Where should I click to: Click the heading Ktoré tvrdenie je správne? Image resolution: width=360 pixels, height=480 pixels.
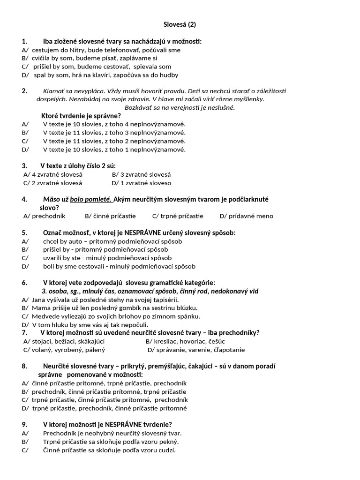81,116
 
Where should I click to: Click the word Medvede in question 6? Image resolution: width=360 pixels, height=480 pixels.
44,316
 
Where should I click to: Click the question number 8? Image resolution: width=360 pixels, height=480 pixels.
24,366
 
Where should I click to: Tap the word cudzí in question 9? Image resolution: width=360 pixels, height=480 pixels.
167,450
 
